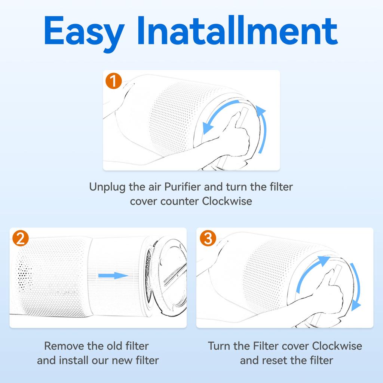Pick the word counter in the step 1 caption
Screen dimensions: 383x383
(180, 201)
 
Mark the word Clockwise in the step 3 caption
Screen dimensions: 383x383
(337, 346)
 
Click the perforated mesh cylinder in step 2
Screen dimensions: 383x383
(52, 277)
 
